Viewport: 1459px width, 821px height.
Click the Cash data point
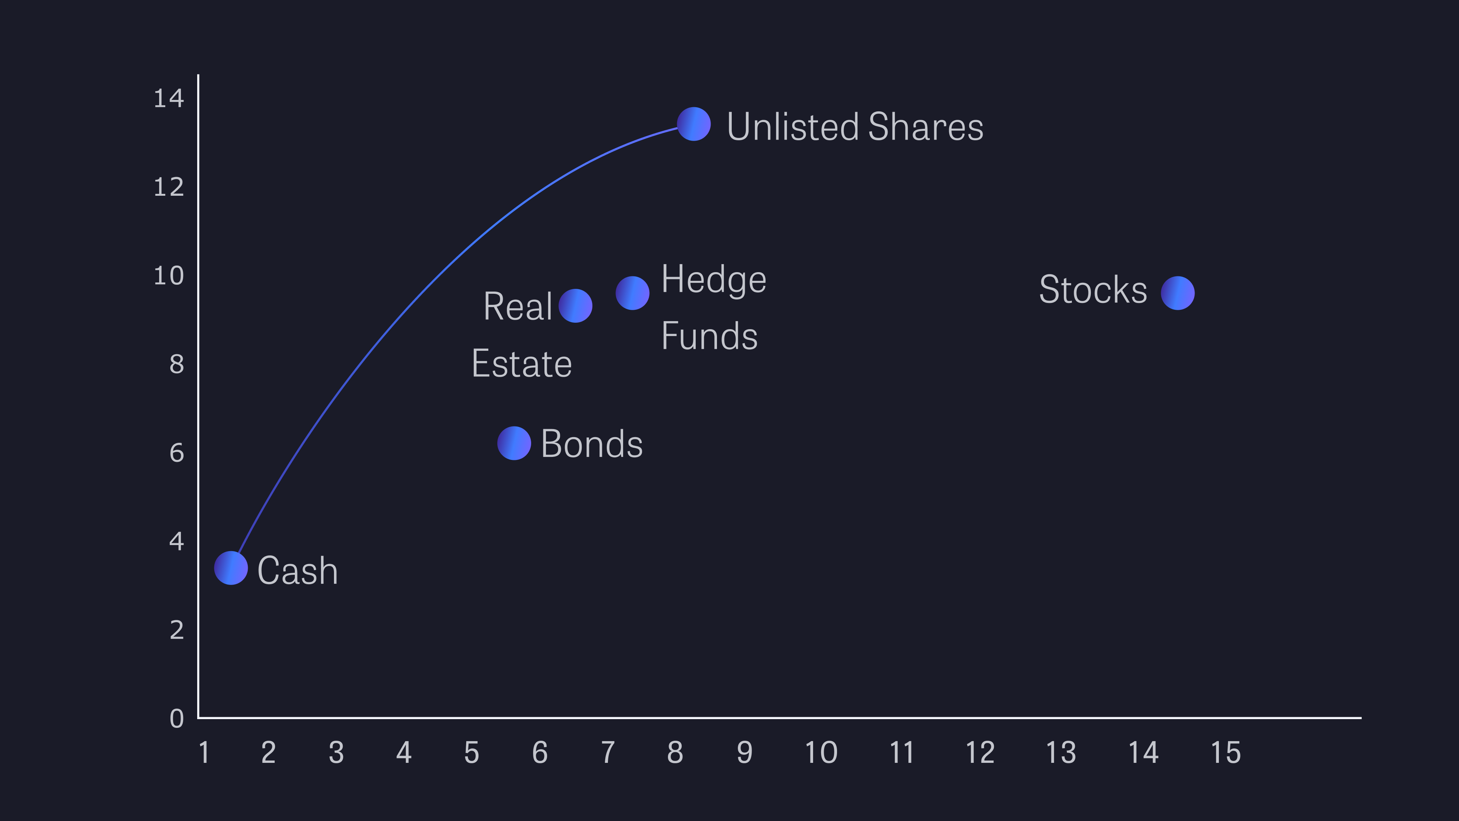point(231,568)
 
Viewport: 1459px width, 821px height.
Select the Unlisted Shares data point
point(694,124)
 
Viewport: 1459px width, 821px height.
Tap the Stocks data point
point(1177,293)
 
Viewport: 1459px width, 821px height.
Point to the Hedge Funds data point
point(633,293)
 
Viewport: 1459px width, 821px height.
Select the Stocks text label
point(1093,290)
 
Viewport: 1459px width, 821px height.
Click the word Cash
point(298,570)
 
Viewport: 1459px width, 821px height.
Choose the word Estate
point(522,364)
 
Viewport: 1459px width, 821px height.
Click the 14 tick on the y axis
point(169,98)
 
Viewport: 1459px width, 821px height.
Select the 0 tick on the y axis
point(177,718)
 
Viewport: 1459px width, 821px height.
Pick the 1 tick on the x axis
point(204,753)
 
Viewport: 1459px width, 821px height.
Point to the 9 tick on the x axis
point(745,753)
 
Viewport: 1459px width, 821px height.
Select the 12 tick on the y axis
point(169,187)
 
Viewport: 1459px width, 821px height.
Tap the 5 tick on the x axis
point(472,753)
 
